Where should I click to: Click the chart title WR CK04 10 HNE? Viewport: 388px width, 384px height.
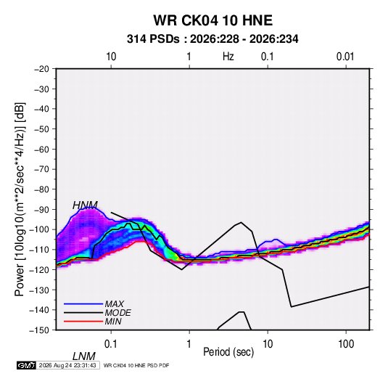212,20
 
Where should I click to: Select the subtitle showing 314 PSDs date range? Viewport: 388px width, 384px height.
212,39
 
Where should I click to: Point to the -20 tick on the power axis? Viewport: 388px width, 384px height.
41,69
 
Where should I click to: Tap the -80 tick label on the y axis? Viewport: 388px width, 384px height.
41,189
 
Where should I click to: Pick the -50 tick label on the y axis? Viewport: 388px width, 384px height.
41,128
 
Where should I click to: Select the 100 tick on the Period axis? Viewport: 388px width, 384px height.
346,344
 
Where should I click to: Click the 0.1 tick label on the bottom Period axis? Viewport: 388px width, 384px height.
111,344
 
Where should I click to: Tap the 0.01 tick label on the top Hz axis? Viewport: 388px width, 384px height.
345,57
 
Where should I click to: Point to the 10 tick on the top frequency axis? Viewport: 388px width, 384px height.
111,57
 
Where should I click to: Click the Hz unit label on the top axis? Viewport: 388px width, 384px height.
228,57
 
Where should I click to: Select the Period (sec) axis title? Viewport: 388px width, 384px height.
228,352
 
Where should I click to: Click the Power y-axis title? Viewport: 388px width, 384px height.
20,200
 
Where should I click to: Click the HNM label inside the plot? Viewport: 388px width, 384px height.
85,205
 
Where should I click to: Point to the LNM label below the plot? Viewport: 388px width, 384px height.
84,356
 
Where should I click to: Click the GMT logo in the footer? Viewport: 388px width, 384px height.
26,365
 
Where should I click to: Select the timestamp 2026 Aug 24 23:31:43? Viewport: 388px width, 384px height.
67,365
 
